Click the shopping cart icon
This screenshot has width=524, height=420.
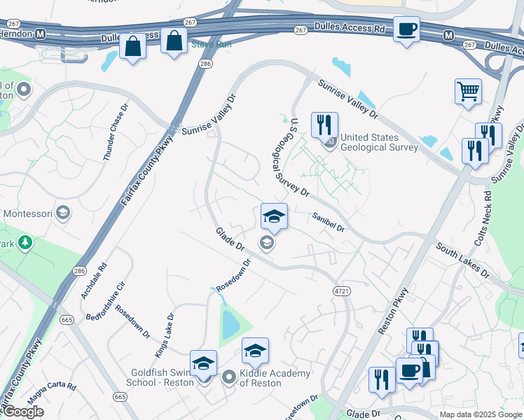click(468, 91)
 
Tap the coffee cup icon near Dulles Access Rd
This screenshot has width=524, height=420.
click(406, 29)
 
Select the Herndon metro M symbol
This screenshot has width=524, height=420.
click(40, 34)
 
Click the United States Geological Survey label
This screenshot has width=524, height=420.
click(379, 142)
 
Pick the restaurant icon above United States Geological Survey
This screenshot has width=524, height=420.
click(324, 125)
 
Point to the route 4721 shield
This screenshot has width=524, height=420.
click(341, 290)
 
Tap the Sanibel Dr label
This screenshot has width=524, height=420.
click(329, 223)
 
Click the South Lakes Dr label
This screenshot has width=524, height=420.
click(462, 260)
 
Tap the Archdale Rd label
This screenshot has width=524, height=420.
click(93, 281)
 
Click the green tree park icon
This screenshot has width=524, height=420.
click(26, 243)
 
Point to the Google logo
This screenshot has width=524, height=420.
click(22, 412)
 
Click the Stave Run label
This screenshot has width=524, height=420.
click(196, 44)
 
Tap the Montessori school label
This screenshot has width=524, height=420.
click(29, 213)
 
